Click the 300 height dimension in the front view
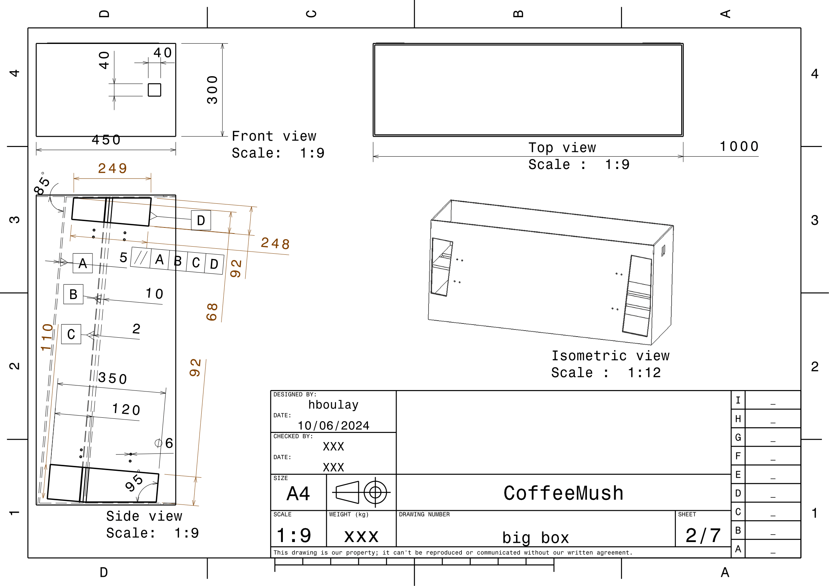pyautogui.click(x=212, y=90)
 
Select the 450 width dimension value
pyautogui.click(x=106, y=140)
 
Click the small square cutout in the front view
pyautogui.click(x=155, y=90)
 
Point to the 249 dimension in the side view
pyautogui.click(x=113, y=169)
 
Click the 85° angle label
pyautogui.click(x=41, y=183)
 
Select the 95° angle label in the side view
pyautogui.click(x=134, y=481)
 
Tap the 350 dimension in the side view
pyautogui.click(x=113, y=378)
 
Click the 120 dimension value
pyautogui.click(x=126, y=409)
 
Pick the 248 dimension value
pyautogui.click(x=275, y=243)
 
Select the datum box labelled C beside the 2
pyautogui.click(x=71, y=334)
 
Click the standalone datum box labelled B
pyautogui.click(x=73, y=294)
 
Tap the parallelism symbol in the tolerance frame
pyautogui.click(x=141, y=258)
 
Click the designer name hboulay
pyautogui.click(x=333, y=405)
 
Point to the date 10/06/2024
pyautogui.click(x=333, y=426)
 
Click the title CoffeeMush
pyautogui.click(x=563, y=493)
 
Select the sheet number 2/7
pyautogui.click(x=703, y=535)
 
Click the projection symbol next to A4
pyautogui.click(x=362, y=492)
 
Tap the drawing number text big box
pyautogui.click(x=536, y=538)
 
